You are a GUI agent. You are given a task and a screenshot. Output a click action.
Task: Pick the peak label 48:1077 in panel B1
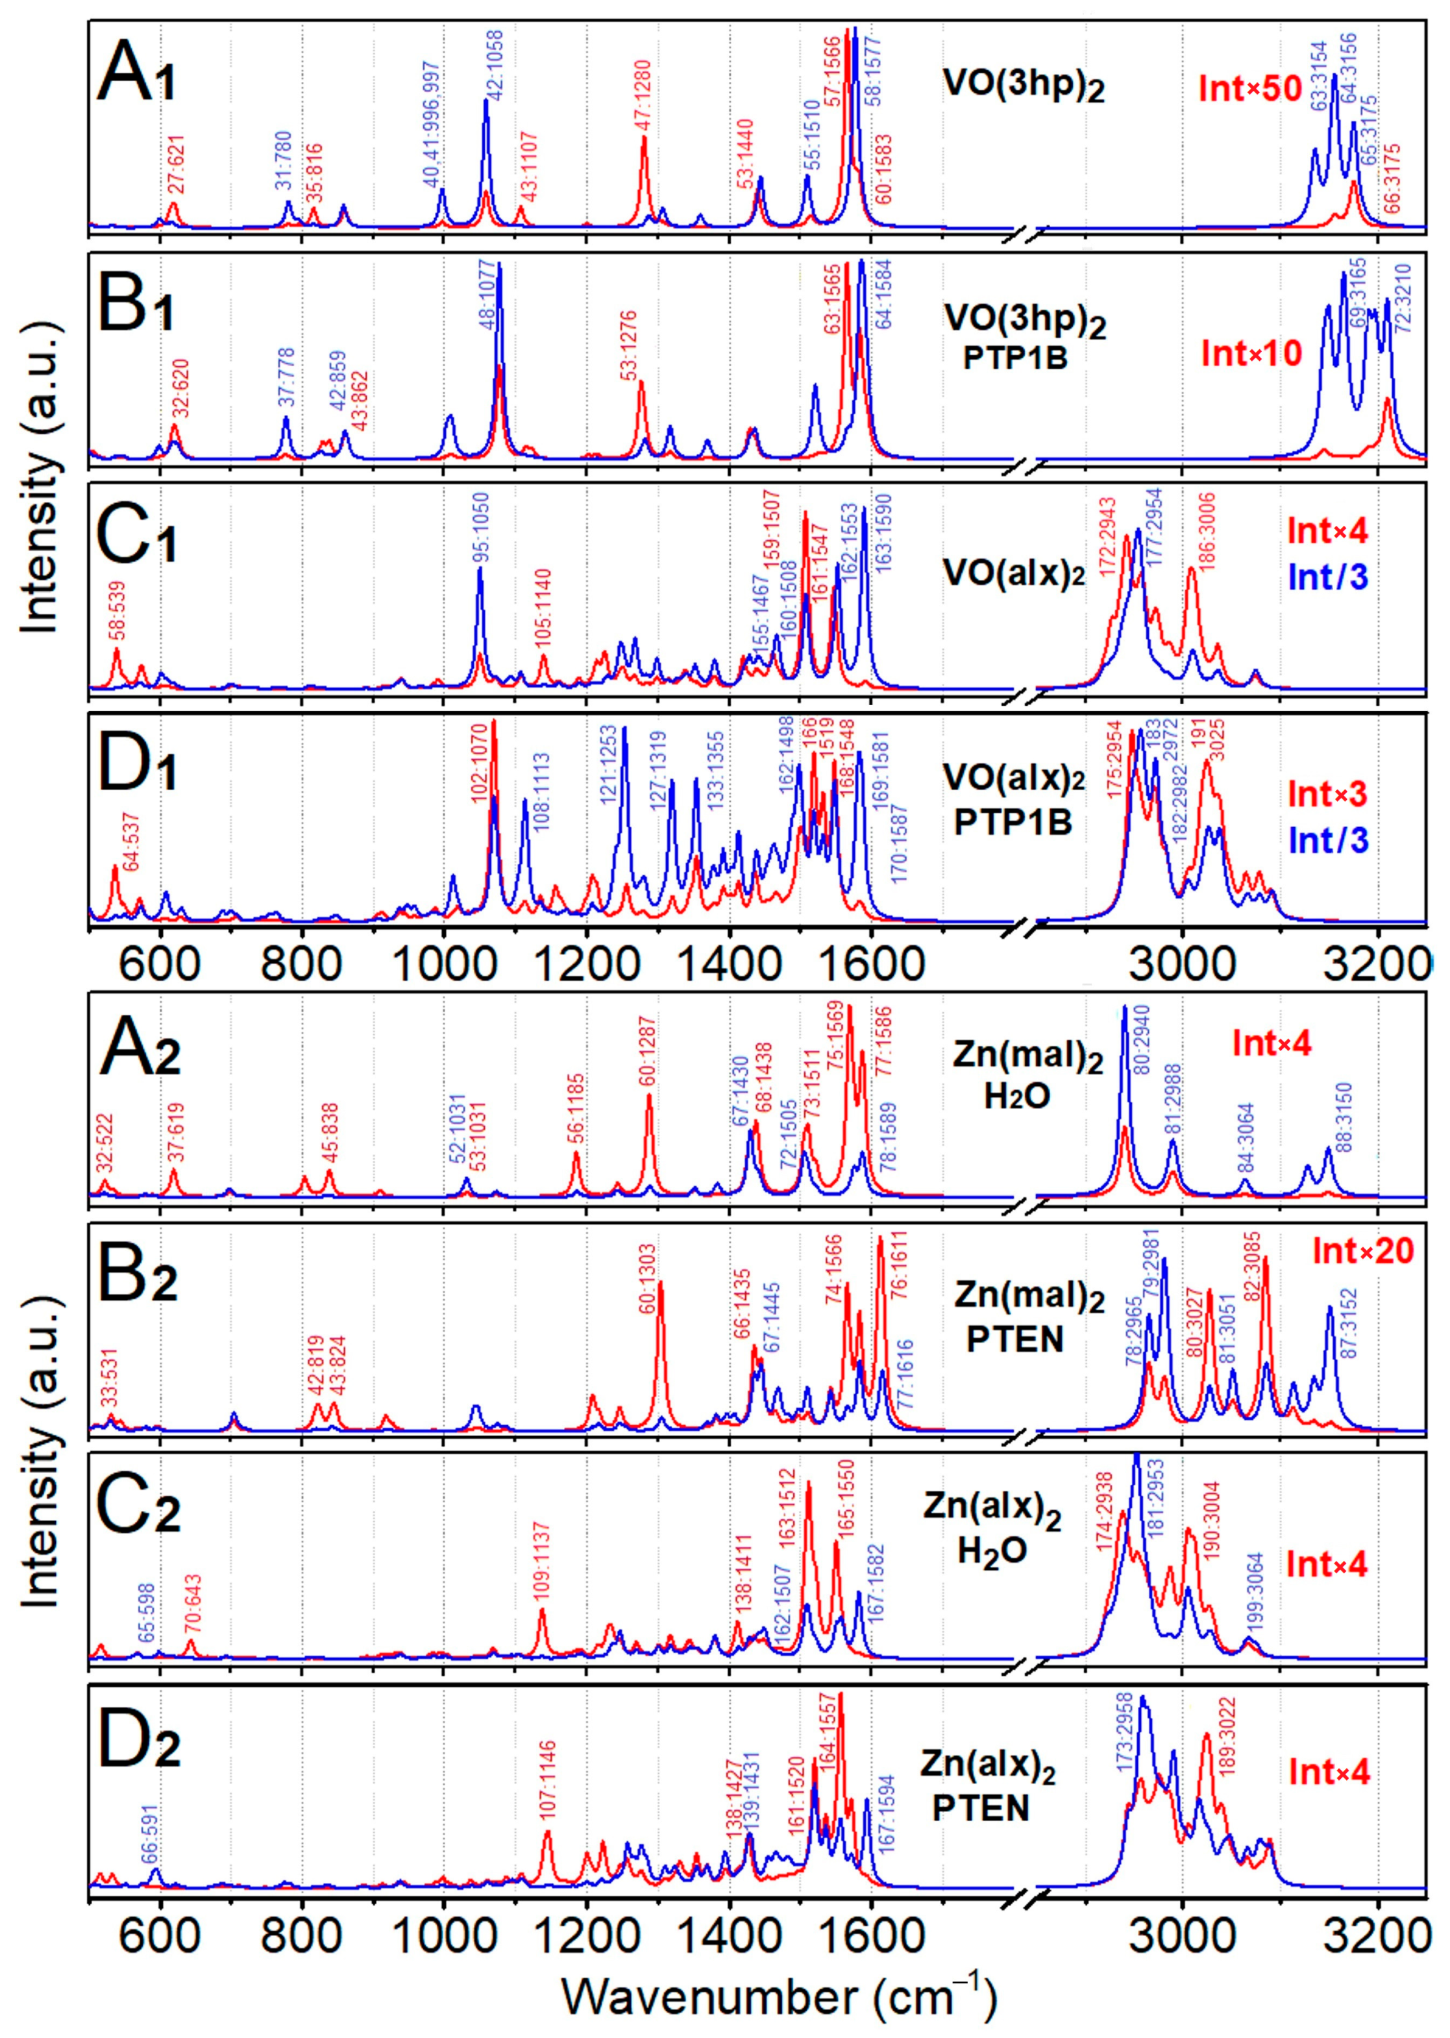489,303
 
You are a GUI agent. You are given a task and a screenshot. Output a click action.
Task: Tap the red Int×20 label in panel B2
1364,1250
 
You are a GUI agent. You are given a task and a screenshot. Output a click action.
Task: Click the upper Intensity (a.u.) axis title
40,487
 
